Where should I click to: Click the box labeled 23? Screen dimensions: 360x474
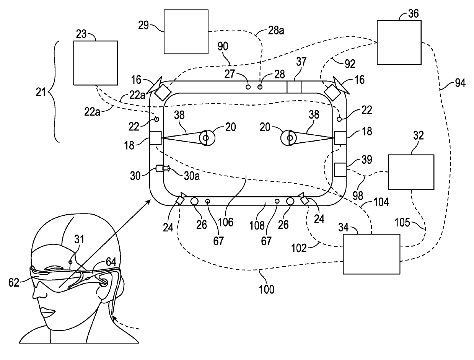tap(96, 63)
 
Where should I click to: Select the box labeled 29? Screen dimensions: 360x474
tap(186, 32)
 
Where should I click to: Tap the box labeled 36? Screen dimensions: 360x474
tap(399, 42)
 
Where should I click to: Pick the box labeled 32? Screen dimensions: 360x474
tap(411, 172)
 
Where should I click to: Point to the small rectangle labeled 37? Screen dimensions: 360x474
tap(294, 87)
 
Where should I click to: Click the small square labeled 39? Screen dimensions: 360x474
tap(340, 169)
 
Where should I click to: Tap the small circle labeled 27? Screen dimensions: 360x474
tap(248, 87)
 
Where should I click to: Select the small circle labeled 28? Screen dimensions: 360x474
tap(260, 87)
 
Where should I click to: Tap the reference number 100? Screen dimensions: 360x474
tap(266, 290)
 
